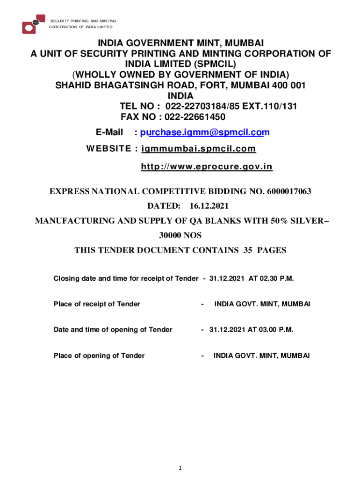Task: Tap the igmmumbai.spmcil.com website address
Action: (199, 149)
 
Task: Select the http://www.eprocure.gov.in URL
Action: (207, 167)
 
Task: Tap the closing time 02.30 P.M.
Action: (271, 278)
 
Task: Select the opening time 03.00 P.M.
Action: (271, 329)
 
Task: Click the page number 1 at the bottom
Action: (180, 468)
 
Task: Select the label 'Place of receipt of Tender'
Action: (97, 304)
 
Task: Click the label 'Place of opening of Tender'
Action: (99, 356)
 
